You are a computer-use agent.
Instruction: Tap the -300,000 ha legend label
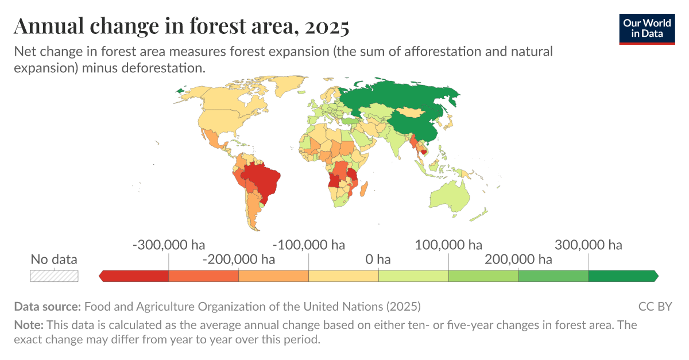tap(169, 245)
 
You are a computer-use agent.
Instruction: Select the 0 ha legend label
tap(378, 260)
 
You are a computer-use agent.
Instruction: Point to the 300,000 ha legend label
tap(589, 245)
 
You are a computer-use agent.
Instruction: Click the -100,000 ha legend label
tap(309, 245)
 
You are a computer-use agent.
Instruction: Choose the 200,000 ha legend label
tap(518, 260)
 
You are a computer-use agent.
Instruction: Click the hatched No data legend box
tap(54, 276)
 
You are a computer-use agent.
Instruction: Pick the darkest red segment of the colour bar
tap(136, 276)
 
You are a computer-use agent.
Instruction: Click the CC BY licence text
tap(655, 306)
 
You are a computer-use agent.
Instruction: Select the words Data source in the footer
tap(48, 306)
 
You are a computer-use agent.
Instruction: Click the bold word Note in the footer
tap(28, 325)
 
